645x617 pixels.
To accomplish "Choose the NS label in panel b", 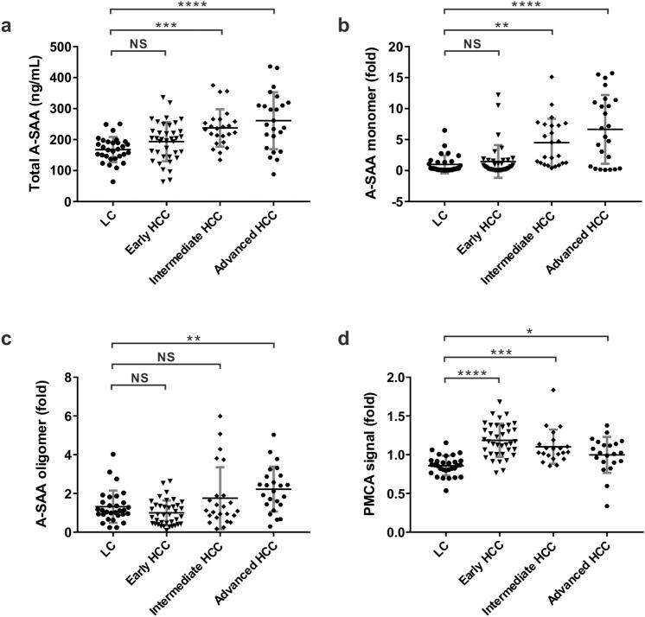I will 470,41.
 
